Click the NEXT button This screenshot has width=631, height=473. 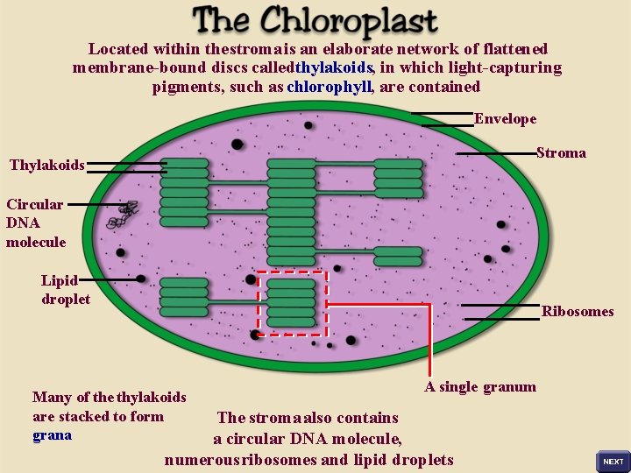point(613,461)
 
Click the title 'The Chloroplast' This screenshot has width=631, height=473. point(315,21)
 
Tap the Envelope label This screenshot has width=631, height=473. point(505,119)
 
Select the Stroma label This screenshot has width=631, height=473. point(561,153)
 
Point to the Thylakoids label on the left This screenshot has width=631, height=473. point(47,165)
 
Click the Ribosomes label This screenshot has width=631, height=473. point(578,311)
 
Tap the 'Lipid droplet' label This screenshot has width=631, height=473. point(65,289)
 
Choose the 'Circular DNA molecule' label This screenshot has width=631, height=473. point(36,222)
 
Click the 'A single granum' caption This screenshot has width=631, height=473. point(480,387)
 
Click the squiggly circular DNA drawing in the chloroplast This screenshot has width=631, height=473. point(124,215)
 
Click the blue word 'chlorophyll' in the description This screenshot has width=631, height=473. point(330,87)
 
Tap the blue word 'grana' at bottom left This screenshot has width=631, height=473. point(52,434)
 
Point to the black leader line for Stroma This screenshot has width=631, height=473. point(495,153)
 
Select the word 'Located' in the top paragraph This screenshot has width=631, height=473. point(118,49)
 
